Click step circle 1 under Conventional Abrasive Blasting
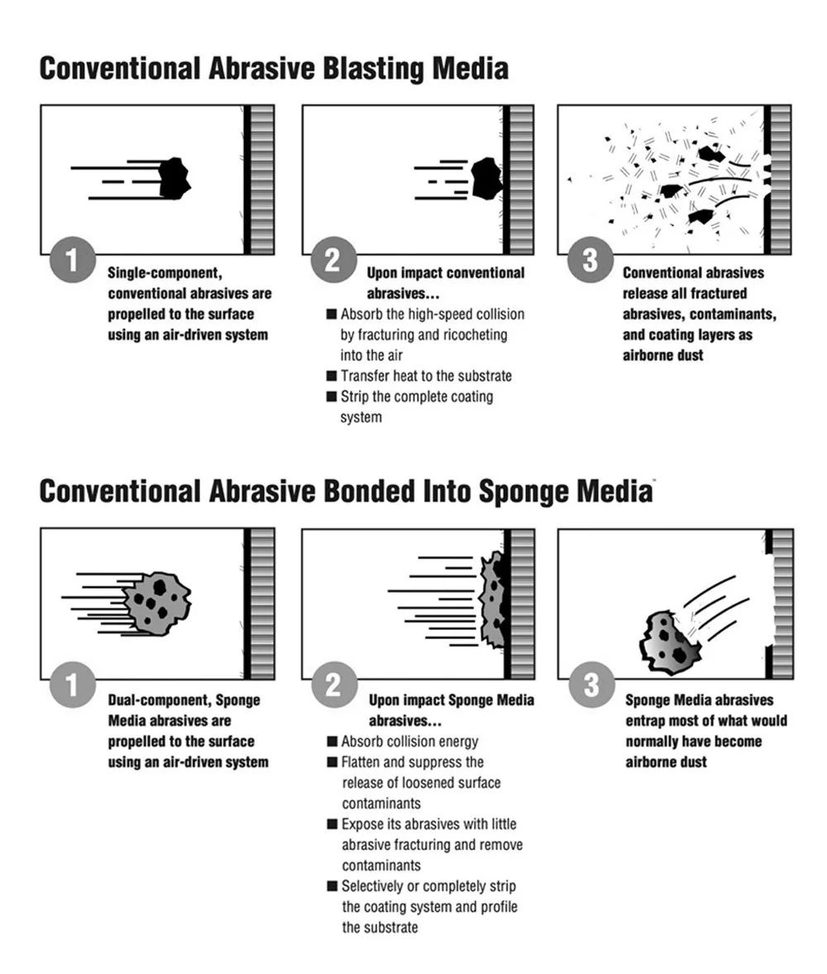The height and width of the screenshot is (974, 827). pyautogui.click(x=73, y=260)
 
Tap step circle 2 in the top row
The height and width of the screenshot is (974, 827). pyautogui.click(x=332, y=260)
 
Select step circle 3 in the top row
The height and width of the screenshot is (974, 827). pyautogui.click(x=590, y=260)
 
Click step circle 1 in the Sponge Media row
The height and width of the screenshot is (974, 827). pyautogui.click(x=73, y=686)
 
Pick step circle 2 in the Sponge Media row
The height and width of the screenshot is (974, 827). pyautogui.click(x=332, y=686)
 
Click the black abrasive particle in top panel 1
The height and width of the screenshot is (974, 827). pyautogui.click(x=174, y=177)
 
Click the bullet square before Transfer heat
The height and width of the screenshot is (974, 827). pyautogui.click(x=332, y=376)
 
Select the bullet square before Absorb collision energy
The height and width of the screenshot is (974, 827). pyautogui.click(x=332, y=742)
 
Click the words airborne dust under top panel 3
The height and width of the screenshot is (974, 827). pyautogui.click(x=664, y=356)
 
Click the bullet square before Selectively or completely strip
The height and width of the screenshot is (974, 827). pyautogui.click(x=332, y=886)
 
